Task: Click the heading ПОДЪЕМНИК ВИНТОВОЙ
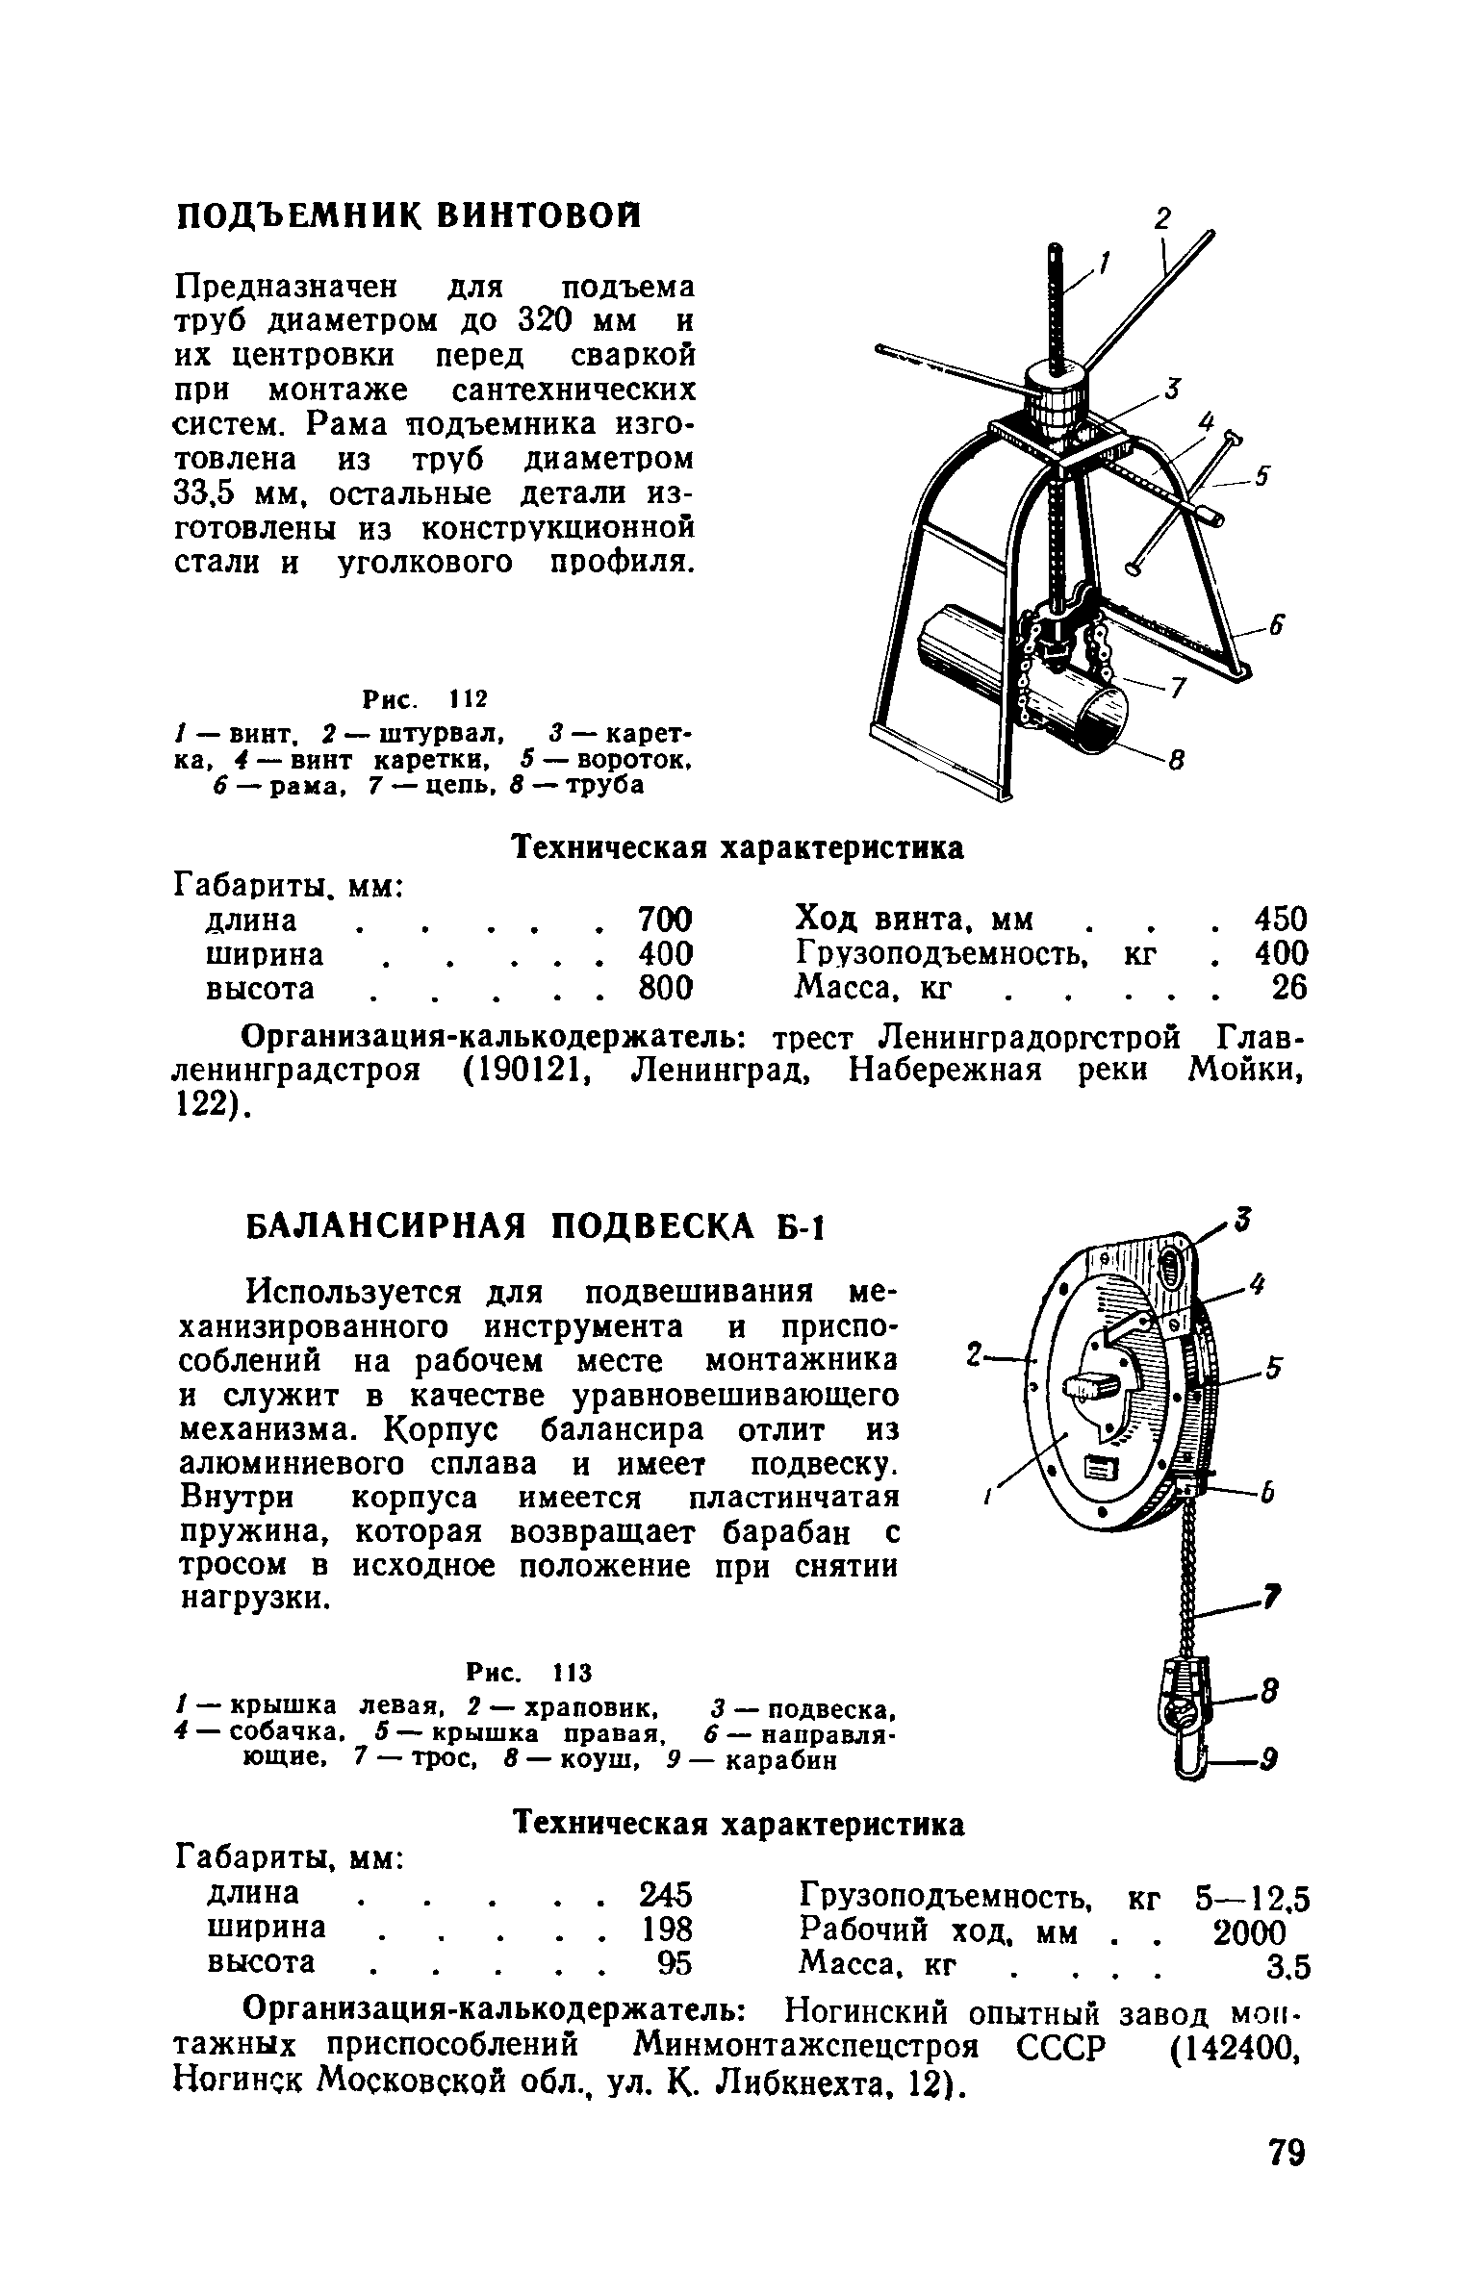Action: (408, 215)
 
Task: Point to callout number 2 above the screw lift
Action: (1162, 219)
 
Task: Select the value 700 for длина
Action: (665, 919)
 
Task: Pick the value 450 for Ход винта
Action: (1281, 919)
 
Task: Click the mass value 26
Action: (1289, 987)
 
